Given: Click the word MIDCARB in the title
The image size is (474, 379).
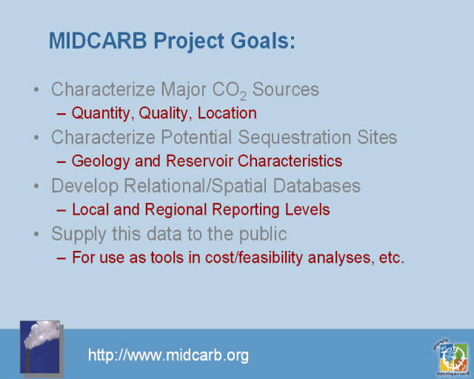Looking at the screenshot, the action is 98,41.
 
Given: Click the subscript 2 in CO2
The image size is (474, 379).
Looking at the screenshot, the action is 244,96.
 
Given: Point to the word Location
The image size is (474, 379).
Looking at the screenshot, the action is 227,113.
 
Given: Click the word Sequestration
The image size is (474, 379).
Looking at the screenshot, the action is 295,138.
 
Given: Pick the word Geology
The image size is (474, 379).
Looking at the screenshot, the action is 101,161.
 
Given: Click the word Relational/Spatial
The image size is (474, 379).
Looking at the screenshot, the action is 196,186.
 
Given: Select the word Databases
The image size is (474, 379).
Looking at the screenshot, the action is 317,186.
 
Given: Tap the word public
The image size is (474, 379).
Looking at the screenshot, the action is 263,234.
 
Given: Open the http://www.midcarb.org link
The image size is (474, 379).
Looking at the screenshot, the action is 168,355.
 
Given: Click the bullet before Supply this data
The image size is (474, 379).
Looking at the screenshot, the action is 36,234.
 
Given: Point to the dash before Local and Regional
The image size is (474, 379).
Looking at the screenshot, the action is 61,210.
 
